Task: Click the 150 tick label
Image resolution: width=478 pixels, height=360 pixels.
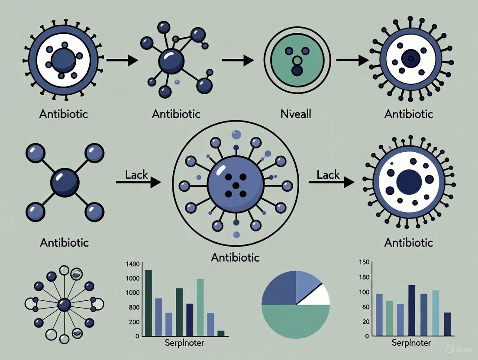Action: pyautogui.click(x=364, y=262)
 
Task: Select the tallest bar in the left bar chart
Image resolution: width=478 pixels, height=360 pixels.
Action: pyautogui.click(x=148, y=303)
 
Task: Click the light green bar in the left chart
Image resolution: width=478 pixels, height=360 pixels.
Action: pyautogui.click(x=200, y=307)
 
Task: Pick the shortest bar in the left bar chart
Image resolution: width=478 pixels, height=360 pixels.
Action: pyautogui.click(x=221, y=333)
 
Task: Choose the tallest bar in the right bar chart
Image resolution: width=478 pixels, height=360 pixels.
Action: pyautogui.click(x=412, y=310)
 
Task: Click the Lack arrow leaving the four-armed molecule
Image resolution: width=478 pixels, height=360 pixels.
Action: pyautogui.click(x=138, y=182)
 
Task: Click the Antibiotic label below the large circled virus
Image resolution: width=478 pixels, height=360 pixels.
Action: pyautogui.click(x=235, y=257)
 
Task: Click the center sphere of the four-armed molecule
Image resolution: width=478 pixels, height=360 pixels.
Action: pyautogui.click(x=65, y=182)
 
